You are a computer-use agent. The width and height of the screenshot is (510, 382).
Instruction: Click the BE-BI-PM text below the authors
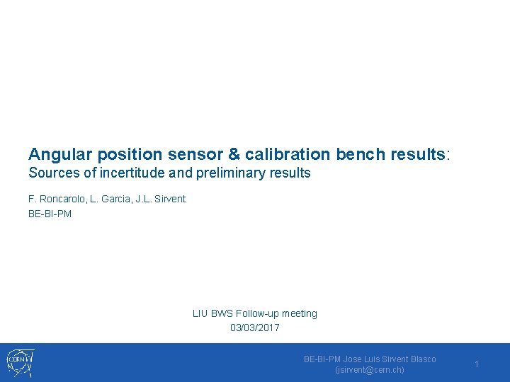click(x=50, y=213)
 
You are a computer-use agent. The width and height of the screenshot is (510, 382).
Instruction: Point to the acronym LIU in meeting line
click(x=200, y=313)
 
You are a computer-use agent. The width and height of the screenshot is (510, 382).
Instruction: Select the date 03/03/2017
click(x=255, y=328)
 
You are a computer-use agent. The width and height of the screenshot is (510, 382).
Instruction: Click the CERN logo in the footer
click(x=20, y=363)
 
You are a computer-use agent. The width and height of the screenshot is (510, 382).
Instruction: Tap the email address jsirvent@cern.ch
click(x=370, y=370)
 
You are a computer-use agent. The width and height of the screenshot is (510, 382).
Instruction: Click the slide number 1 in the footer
click(x=477, y=364)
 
